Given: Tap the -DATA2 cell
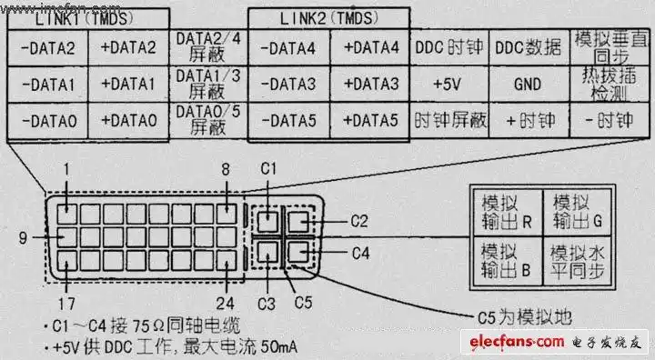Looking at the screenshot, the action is click(x=46, y=47).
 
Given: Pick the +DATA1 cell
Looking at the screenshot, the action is click(x=128, y=84).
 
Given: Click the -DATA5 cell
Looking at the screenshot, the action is click(x=287, y=120).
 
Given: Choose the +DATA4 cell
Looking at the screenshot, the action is click(x=370, y=47).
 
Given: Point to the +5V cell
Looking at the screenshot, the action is click(x=450, y=84).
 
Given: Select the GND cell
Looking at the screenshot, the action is click(x=529, y=84).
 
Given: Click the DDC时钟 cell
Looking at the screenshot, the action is click(x=450, y=47).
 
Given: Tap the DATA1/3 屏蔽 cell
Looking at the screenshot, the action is click(x=208, y=84).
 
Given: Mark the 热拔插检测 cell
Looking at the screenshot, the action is click(x=607, y=84).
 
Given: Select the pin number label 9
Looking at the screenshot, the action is click(x=22, y=238).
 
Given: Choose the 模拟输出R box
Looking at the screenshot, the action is click(x=504, y=211).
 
